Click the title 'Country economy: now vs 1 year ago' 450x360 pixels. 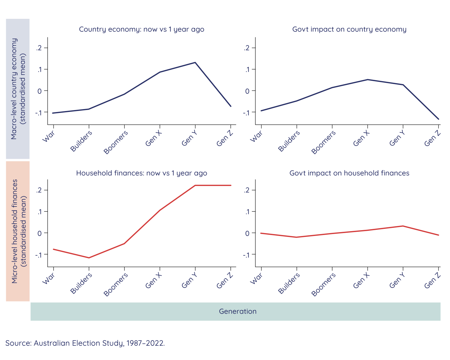141,29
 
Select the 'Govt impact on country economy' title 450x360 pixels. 349,29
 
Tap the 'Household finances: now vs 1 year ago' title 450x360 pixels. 141,173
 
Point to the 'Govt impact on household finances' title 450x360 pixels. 349,173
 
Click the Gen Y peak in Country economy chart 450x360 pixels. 195,62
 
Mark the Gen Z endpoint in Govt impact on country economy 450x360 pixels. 439,119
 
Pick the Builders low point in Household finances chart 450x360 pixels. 89,258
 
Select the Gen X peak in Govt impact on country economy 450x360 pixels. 368,80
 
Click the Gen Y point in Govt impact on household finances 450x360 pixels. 403,226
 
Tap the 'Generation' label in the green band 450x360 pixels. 237,312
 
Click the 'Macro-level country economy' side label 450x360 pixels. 14,89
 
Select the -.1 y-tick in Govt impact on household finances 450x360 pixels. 247,255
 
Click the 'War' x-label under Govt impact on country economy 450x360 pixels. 256,137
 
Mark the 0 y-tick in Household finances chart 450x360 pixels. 40,233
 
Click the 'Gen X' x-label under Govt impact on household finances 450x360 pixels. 361,280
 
